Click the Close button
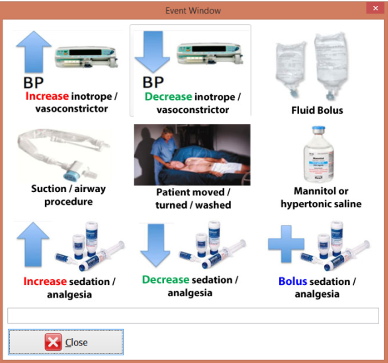click(x=66, y=342)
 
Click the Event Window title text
click(x=193, y=10)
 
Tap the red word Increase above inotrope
click(x=47, y=96)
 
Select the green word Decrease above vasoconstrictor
click(x=168, y=97)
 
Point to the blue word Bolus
click(x=293, y=281)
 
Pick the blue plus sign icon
click(x=286, y=243)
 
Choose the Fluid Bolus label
click(x=317, y=110)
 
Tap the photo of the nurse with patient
click(x=192, y=155)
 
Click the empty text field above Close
click(x=193, y=316)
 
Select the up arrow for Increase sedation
click(x=33, y=245)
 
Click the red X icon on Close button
click(x=53, y=342)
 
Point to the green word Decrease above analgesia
click(x=165, y=280)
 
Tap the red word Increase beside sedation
click(x=45, y=281)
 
